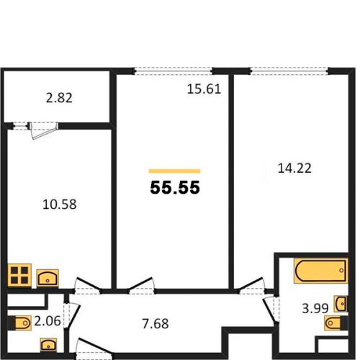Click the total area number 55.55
pyautogui.click(x=175, y=187)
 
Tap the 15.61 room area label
pyautogui.click(x=204, y=89)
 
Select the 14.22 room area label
pyautogui.click(x=294, y=168)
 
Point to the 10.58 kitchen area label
pyautogui.click(x=60, y=204)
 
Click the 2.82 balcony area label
pyautogui.click(x=59, y=98)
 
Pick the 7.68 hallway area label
pyautogui.click(x=156, y=324)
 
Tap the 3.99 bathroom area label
pyautogui.click(x=315, y=308)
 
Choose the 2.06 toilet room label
pyautogui.click(x=48, y=321)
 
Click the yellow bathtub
pyautogui.click(x=320, y=271)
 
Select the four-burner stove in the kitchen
pyautogui.click(x=19, y=276)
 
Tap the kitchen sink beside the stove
pyautogui.click(x=48, y=278)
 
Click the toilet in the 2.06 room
pyautogui.click(x=19, y=323)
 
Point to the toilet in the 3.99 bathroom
pyautogui.click(x=336, y=323)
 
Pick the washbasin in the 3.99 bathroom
pyautogui.click(x=341, y=304)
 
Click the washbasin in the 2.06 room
pyautogui.click(x=48, y=345)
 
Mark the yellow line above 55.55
pyautogui.click(x=174, y=171)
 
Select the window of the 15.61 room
pyautogui.click(x=173, y=71)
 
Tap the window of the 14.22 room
pyautogui.click(x=289, y=71)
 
